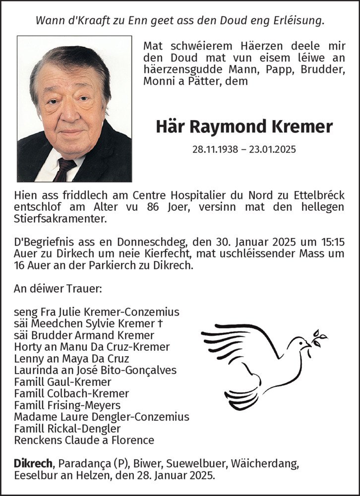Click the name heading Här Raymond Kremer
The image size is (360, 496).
(244, 126)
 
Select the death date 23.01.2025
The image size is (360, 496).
(274, 149)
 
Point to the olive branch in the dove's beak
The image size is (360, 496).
(318, 338)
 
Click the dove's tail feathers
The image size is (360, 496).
(242, 397)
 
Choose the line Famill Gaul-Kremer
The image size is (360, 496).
(62, 382)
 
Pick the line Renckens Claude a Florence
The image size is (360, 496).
(84, 440)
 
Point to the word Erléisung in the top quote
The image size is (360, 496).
(297, 21)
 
